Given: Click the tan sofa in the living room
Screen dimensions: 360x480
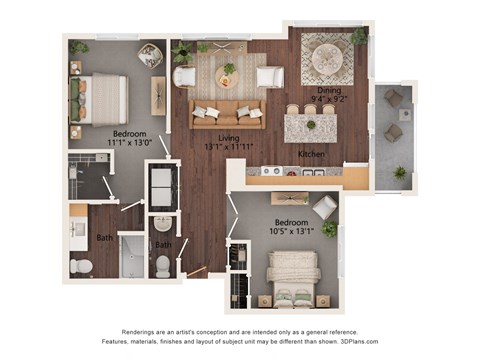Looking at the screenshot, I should click(x=227, y=114).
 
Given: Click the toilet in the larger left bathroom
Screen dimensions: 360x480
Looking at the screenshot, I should click(x=82, y=266).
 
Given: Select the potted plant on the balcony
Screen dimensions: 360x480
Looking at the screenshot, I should click(x=400, y=172).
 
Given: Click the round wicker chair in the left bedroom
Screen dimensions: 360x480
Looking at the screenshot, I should click(x=151, y=56).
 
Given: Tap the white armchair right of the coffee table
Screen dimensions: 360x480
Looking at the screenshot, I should click(x=269, y=76).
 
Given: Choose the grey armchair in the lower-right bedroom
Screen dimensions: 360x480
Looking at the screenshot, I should click(x=324, y=207).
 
